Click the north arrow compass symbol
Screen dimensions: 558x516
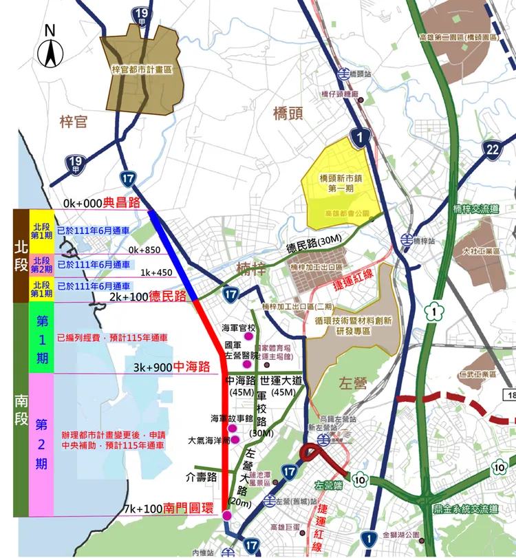[49, 47]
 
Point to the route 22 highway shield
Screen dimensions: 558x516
[491, 150]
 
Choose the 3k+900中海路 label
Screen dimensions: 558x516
[172, 367]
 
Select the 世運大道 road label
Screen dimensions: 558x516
[283, 380]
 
